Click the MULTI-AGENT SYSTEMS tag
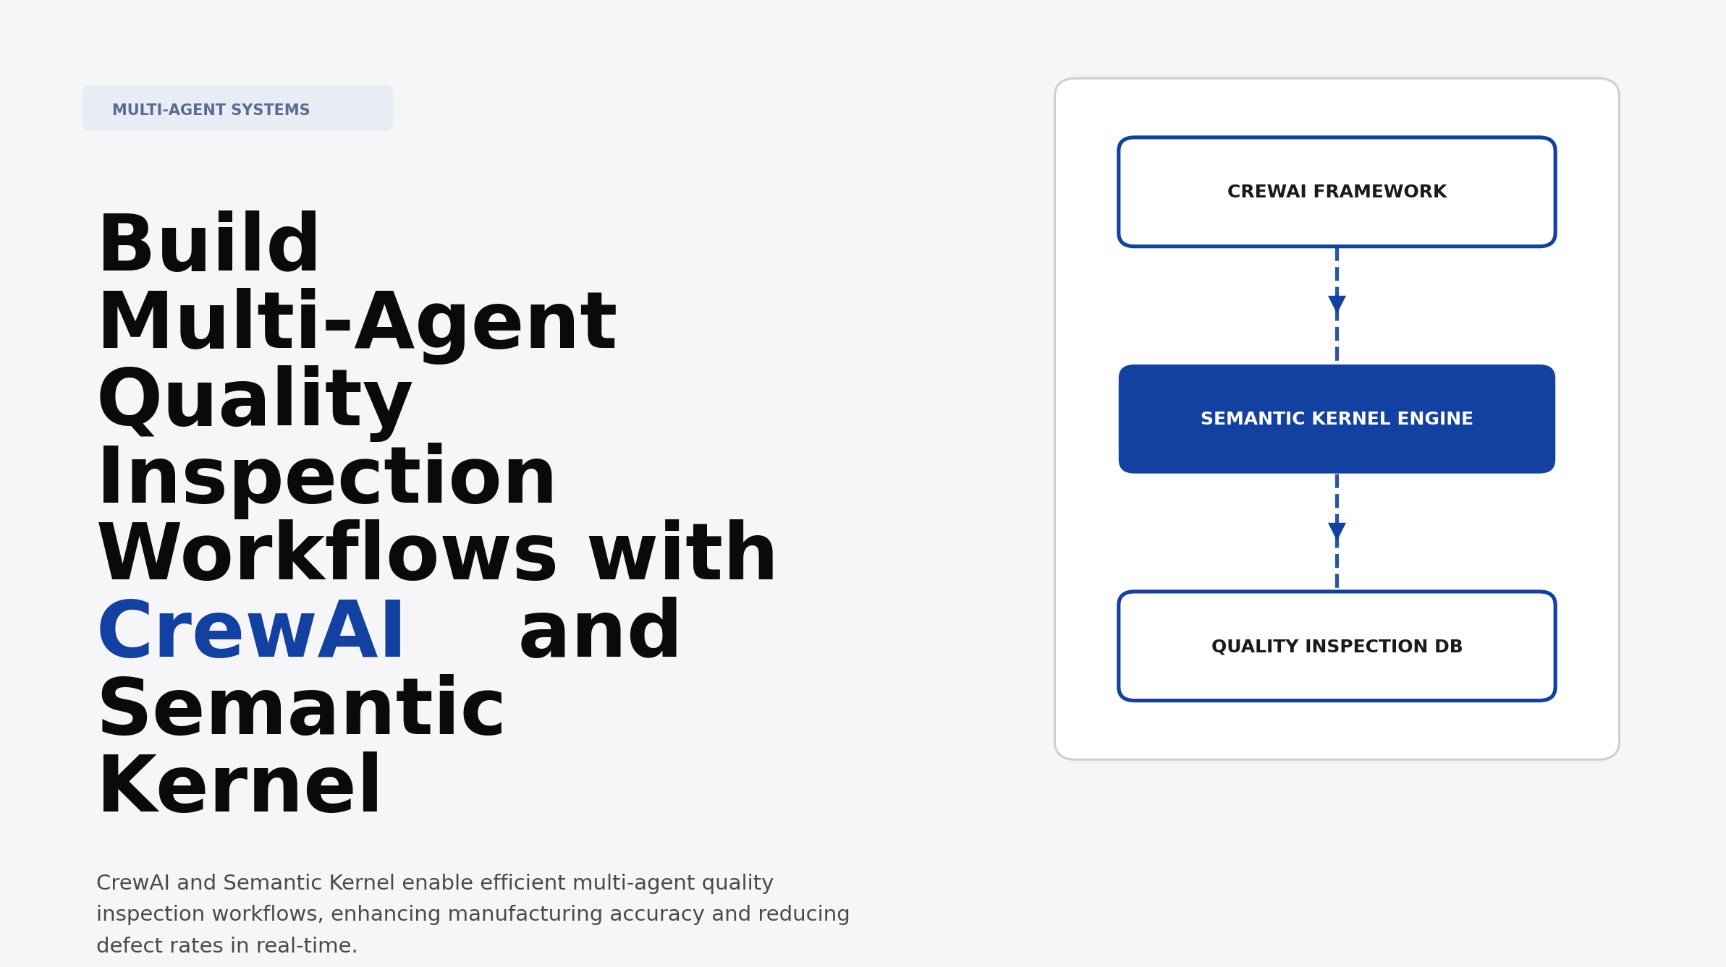(237, 108)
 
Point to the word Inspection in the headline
(326, 478)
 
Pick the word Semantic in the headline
(300, 710)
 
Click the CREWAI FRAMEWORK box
(1336, 192)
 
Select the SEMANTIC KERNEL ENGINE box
(1336, 419)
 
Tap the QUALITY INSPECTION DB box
(1336, 646)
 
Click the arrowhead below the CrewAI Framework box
(1337, 304)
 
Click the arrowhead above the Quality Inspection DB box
(1337, 531)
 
